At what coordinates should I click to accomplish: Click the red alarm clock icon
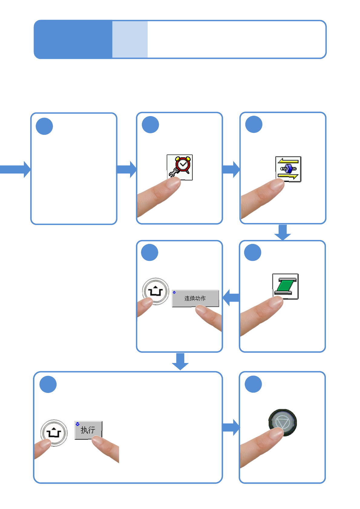[x=180, y=167]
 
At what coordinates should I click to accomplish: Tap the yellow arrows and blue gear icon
[x=288, y=169]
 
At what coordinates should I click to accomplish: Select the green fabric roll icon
[x=285, y=286]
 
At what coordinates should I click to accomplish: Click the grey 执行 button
[x=88, y=430]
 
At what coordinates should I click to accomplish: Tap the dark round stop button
[x=283, y=423]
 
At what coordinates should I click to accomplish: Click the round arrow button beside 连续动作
[x=156, y=291]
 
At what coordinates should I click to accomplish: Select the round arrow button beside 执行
[x=54, y=433]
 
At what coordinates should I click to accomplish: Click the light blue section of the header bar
[x=130, y=39]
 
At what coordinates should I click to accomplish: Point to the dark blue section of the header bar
[x=73, y=39]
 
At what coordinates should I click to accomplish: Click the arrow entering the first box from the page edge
[x=15, y=170]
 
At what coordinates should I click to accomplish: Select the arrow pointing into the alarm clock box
[x=126, y=170]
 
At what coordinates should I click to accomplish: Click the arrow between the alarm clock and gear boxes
[x=231, y=170]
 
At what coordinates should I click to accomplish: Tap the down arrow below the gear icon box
[x=283, y=232]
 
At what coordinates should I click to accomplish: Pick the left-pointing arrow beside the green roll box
[x=231, y=298]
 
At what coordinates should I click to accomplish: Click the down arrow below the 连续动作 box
[x=180, y=361]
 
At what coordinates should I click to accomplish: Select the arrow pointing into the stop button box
[x=231, y=427]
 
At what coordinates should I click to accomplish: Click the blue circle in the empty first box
[x=44, y=126]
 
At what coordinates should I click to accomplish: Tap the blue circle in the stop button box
[x=253, y=384]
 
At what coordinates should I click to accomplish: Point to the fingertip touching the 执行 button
[x=98, y=440]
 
